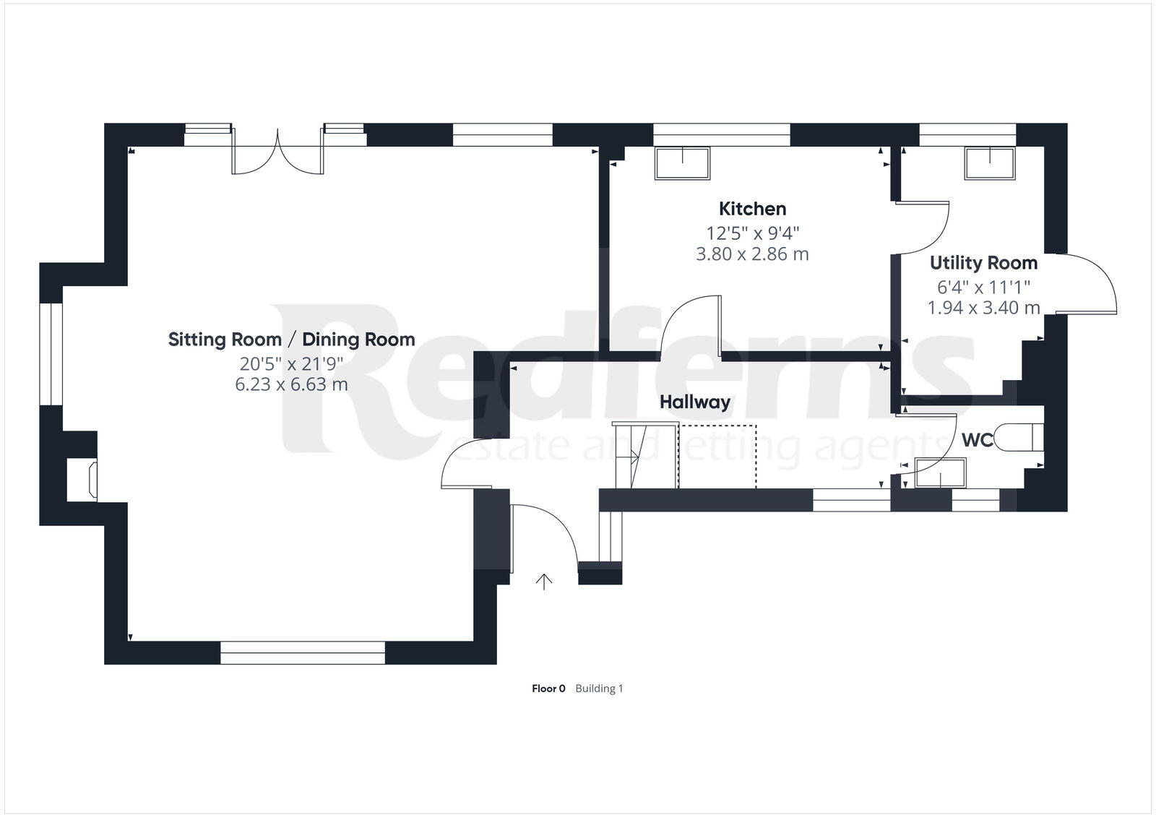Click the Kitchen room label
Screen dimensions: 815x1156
752,210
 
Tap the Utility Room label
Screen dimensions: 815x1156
983,263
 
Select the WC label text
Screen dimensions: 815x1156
977,440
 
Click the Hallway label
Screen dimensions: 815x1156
694,402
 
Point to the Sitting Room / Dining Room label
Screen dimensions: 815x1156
291,340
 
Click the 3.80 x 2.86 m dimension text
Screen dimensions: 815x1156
752,254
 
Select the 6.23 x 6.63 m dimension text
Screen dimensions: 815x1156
291,384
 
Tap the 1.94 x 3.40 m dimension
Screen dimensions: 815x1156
983,308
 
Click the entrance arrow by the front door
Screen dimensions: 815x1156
543,581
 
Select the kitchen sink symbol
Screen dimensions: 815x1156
682,163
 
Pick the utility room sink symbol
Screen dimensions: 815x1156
990,163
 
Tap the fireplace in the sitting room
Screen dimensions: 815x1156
83,480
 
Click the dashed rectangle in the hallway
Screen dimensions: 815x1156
717,457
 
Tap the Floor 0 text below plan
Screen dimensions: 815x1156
548,689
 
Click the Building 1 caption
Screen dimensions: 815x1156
599,689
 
